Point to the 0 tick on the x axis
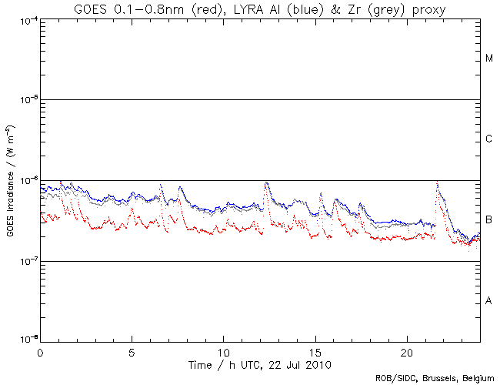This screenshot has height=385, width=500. click(x=40, y=351)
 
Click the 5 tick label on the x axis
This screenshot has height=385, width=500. click(x=132, y=351)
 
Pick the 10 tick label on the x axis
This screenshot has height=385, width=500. click(x=223, y=351)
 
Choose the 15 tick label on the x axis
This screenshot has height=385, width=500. click(x=315, y=351)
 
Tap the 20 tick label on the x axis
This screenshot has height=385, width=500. click(x=407, y=351)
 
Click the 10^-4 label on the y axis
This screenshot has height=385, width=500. click(x=28, y=20)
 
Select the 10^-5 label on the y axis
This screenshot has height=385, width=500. click(x=28, y=100)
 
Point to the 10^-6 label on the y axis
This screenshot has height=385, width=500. click(x=28, y=180)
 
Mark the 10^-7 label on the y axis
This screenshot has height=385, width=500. click(x=28, y=261)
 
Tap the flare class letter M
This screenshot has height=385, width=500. click(x=489, y=59)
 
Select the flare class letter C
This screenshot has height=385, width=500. click(x=489, y=139)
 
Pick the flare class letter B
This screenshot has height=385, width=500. click(x=489, y=220)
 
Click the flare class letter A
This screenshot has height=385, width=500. click(x=489, y=300)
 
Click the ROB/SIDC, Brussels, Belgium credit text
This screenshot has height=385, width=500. click(x=435, y=378)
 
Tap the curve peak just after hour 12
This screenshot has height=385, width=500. click(x=266, y=183)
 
